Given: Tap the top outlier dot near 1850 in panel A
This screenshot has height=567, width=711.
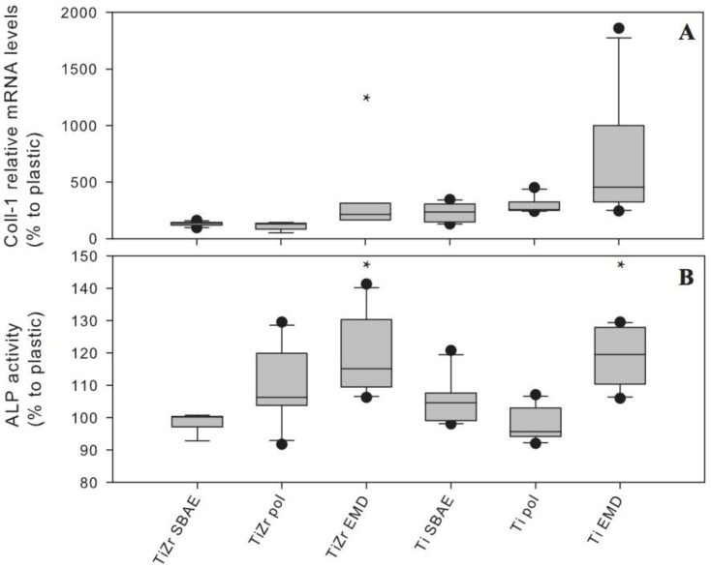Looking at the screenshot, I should point(618,28).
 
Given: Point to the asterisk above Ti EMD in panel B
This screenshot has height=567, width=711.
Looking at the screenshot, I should point(618,266).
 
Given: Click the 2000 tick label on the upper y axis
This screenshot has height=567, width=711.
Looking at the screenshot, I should point(79,14).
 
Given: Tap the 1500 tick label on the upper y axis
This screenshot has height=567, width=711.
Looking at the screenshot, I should point(79,70).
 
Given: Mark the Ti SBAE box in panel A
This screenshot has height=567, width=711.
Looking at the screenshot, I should point(449,213).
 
